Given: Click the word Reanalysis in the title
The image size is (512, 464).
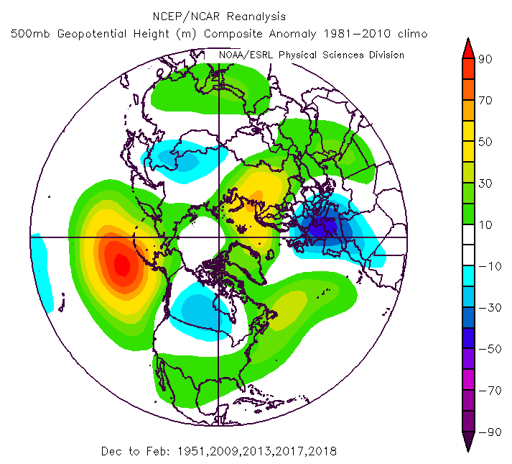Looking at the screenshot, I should pos(258,15).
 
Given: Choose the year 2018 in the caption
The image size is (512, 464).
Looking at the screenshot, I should pos(322,451).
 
